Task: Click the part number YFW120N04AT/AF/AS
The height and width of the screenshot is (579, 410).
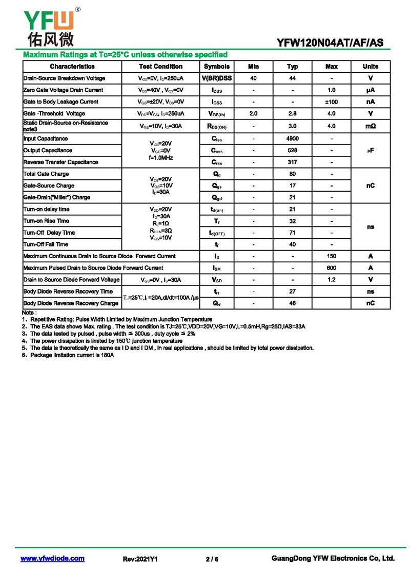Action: tap(330, 43)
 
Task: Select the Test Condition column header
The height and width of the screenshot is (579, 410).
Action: tap(160, 67)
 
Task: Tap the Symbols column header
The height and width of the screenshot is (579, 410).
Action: tap(217, 67)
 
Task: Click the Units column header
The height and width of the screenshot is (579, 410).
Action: tap(370, 67)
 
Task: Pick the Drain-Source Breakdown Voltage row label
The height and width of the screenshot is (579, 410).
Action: tap(64, 78)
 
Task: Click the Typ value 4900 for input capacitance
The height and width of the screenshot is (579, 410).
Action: tap(292, 139)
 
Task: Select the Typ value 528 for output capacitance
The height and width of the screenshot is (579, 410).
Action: tap(292, 151)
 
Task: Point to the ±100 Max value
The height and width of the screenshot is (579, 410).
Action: tap(331, 102)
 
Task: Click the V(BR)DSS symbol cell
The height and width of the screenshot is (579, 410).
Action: tap(217, 78)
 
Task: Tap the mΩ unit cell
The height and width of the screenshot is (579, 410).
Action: tap(370, 126)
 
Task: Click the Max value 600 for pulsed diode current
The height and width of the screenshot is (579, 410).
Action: tap(331, 268)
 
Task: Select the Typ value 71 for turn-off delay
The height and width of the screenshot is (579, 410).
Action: tap(292, 233)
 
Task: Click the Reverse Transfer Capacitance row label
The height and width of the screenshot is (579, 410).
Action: tap(60, 162)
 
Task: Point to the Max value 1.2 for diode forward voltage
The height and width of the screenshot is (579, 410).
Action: tap(331, 280)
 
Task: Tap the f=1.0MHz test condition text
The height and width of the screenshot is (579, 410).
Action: tap(160, 158)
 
